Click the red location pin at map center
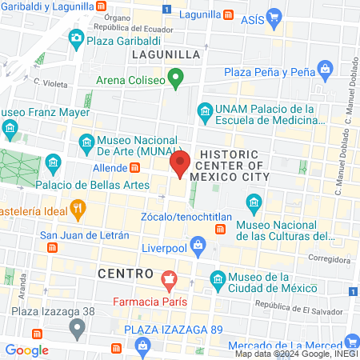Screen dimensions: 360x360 (x=179, y=165)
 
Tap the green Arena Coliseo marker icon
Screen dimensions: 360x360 (x=176, y=79)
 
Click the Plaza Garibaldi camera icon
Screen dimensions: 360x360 (x=76, y=37)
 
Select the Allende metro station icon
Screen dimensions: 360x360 (x=135, y=168)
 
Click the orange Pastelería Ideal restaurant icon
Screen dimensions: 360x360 (x=78, y=209)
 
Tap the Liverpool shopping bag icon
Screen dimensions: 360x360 (x=194, y=242)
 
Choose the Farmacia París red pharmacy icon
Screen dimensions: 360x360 (x=169, y=282)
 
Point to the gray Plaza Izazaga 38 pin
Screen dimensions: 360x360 (x=78, y=327)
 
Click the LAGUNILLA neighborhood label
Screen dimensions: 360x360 (x=163, y=54)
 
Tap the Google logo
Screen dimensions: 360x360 (x=26, y=350)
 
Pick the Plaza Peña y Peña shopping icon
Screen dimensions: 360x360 (x=325, y=70)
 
